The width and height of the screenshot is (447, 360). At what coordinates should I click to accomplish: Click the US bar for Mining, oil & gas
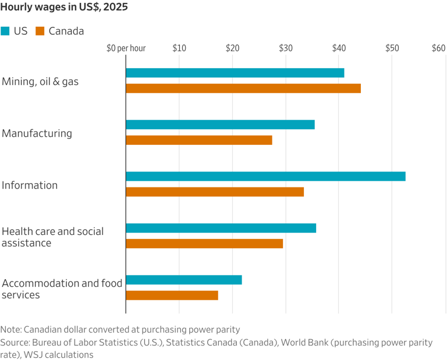[x=235, y=73]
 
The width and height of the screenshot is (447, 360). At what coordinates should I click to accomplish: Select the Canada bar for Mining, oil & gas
[x=243, y=88]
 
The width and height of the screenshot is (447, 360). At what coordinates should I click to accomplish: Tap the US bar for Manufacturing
[x=221, y=124]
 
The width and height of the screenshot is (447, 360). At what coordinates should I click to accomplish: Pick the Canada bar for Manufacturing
[x=199, y=140]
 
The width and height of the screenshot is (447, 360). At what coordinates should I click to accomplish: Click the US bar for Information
[x=265, y=177]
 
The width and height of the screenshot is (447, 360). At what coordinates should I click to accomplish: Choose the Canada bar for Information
[x=215, y=192]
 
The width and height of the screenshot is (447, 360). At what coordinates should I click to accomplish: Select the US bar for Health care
[x=221, y=228]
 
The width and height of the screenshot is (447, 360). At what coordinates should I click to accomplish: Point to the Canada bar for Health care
[x=204, y=244]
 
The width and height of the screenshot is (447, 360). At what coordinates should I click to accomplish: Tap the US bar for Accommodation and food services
[x=184, y=280]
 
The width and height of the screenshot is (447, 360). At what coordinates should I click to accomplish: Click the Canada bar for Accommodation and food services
[x=172, y=295]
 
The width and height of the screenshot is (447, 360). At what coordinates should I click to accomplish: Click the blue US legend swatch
[x=5, y=31]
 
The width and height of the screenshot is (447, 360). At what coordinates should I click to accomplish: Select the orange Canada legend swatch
[x=40, y=31]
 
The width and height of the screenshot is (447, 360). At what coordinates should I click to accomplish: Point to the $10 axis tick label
[x=179, y=48]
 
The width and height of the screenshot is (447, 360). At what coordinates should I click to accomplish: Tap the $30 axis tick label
[x=286, y=48]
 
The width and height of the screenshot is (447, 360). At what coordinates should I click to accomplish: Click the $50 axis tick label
[x=392, y=48]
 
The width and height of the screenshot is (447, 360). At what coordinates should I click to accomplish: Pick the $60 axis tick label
[x=438, y=48]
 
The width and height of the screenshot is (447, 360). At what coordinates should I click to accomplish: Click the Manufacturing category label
[x=37, y=133]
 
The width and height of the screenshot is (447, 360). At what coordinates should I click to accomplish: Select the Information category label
[x=30, y=185]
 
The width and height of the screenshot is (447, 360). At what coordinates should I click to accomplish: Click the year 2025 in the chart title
[x=115, y=7]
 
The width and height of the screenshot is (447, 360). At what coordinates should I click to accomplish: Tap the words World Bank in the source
[x=305, y=342]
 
